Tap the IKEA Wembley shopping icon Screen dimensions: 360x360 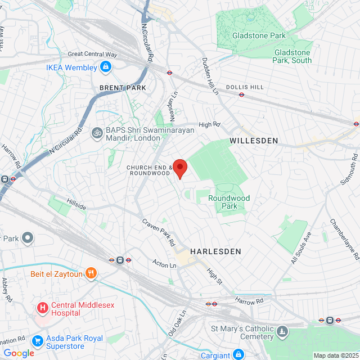[105, 67]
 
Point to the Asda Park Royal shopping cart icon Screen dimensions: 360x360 [38, 340]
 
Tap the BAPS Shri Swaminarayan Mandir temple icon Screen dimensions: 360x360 [96, 133]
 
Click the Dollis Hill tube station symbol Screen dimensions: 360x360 [241, 95]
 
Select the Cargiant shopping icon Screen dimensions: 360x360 [238, 354]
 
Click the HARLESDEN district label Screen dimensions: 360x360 [215, 251]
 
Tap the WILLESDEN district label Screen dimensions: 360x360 [254, 141]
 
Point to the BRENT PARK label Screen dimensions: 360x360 [123, 88]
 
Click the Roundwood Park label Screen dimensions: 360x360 [229, 202]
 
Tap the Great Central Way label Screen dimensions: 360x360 [93, 55]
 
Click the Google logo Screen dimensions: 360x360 [19, 353]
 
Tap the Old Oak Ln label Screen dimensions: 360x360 [177, 325]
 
